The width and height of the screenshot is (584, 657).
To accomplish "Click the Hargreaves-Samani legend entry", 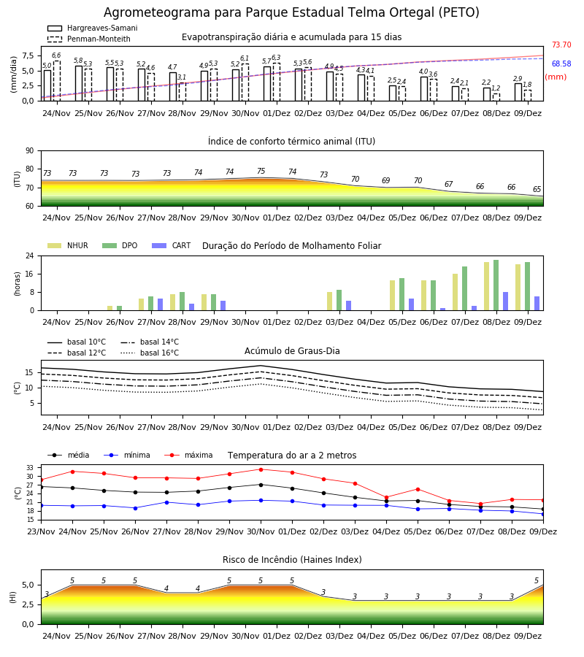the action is (93, 28).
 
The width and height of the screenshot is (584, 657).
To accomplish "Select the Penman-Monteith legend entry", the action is (89, 39).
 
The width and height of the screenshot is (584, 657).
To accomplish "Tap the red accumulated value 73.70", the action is (561, 45).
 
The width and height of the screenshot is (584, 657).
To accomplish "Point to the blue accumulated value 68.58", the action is (561, 64).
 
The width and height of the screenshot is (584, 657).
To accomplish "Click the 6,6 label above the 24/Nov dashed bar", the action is (56, 55).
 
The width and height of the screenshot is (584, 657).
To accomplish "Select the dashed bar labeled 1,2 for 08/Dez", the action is (496, 97).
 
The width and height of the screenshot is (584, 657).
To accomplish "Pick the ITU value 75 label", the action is (261, 171).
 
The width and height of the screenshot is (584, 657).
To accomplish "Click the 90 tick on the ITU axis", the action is (30, 151).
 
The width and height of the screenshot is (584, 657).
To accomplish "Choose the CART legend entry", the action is (172, 245).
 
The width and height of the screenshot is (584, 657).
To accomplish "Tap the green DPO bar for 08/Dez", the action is (496, 285).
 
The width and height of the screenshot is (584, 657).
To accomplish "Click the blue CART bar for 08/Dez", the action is (506, 301).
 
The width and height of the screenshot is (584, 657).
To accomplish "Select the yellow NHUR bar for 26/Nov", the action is (109, 308).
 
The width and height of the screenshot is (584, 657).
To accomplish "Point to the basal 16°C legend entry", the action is (150, 353).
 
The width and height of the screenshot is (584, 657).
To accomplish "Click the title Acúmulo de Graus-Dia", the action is (292, 351).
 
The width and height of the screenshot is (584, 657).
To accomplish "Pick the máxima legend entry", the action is (188, 455).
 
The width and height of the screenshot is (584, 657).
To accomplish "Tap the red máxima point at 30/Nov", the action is (261, 469).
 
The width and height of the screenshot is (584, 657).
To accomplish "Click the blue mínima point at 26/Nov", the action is (135, 508).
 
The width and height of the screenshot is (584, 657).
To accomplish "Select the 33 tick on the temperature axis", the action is (30, 468).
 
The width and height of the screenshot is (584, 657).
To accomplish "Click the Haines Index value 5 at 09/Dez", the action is (537, 580).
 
